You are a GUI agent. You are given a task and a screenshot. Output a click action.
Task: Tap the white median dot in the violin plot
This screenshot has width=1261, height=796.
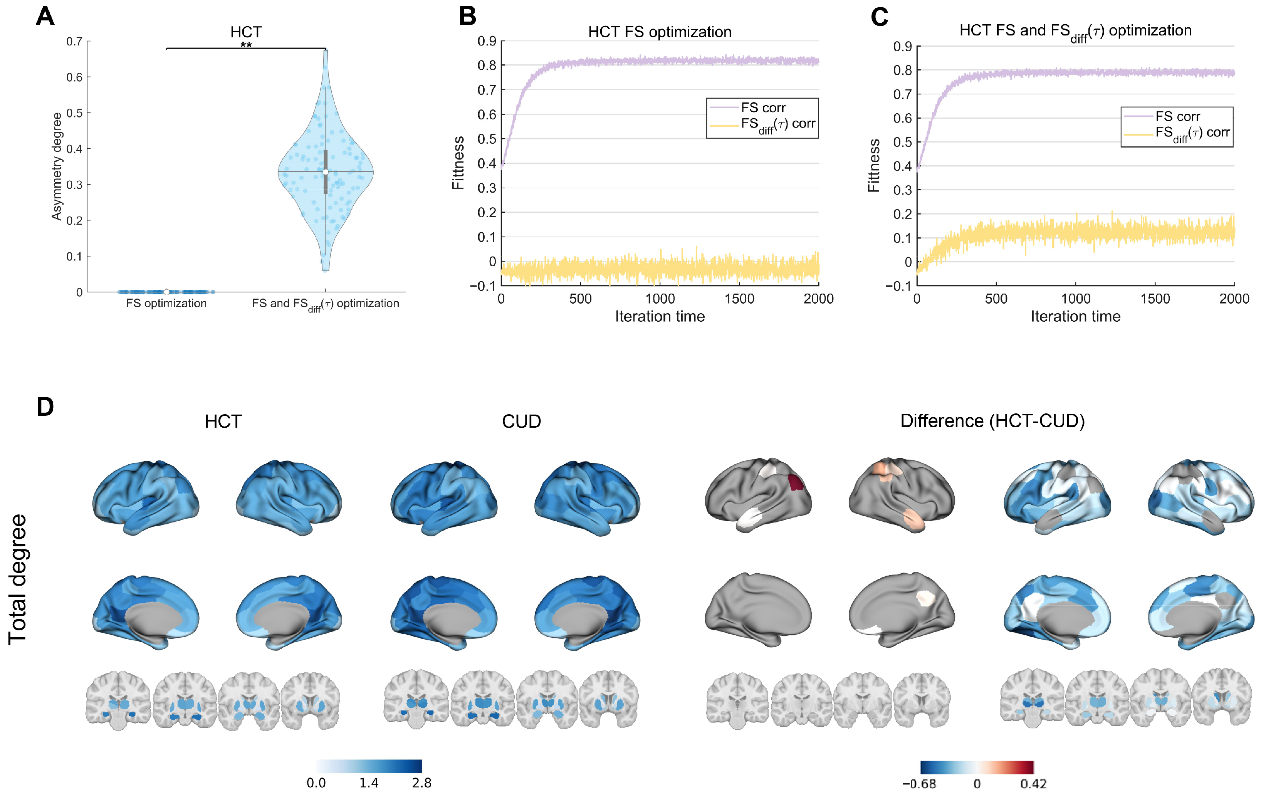(326, 172)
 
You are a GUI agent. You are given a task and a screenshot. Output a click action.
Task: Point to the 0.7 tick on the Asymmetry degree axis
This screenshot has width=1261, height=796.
(74, 41)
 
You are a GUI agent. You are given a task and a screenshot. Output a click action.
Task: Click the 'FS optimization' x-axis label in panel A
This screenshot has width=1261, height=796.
(166, 303)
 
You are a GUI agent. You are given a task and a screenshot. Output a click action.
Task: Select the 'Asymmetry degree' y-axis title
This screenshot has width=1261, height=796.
(57, 166)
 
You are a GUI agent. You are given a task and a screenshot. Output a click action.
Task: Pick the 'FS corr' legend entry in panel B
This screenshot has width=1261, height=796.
(762, 108)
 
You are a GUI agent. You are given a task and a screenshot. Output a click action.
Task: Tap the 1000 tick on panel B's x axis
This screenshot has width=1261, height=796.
(660, 299)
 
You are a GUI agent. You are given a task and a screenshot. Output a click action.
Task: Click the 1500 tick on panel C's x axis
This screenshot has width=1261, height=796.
(1155, 299)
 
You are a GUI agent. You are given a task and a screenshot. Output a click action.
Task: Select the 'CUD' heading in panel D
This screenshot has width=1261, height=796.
(521, 422)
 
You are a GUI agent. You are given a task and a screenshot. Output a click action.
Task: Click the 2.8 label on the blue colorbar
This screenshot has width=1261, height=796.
(421, 783)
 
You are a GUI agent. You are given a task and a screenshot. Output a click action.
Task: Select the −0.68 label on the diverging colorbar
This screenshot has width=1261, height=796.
(919, 784)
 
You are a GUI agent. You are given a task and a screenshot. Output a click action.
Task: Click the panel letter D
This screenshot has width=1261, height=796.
(45, 407)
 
